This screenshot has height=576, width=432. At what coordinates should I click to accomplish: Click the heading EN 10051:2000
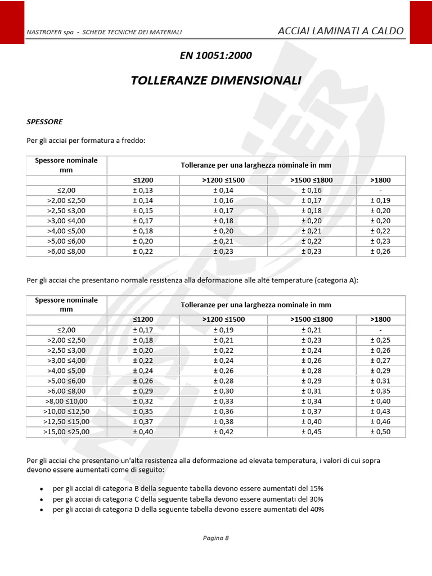(215, 55)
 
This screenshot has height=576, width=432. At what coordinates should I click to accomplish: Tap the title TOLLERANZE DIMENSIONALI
(215, 80)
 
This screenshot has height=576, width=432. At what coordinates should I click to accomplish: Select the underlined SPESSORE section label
(44, 121)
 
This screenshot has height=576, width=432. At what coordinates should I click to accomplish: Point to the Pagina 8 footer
(215, 537)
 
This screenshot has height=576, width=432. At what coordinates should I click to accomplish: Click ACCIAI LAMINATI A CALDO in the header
(340, 31)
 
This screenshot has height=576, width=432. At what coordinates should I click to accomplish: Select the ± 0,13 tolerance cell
(143, 190)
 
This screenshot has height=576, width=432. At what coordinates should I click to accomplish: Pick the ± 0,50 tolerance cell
(380, 431)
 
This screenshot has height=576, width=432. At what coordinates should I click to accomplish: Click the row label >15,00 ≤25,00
(66, 431)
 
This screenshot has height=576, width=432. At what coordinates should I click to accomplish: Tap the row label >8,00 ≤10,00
(66, 401)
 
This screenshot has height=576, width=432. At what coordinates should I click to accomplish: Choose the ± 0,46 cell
(380, 421)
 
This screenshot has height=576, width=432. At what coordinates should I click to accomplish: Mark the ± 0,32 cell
(143, 401)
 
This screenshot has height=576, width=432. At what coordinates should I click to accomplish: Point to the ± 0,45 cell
(312, 431)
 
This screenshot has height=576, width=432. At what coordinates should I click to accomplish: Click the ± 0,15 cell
(143, 210)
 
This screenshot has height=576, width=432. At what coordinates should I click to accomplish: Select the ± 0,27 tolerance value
(380, 360)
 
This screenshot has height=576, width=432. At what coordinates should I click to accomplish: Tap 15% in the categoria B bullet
(316, 488)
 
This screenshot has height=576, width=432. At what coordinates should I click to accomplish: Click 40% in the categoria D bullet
(317, 509)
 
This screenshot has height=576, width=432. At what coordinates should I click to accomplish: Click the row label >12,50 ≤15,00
(66, 421)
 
